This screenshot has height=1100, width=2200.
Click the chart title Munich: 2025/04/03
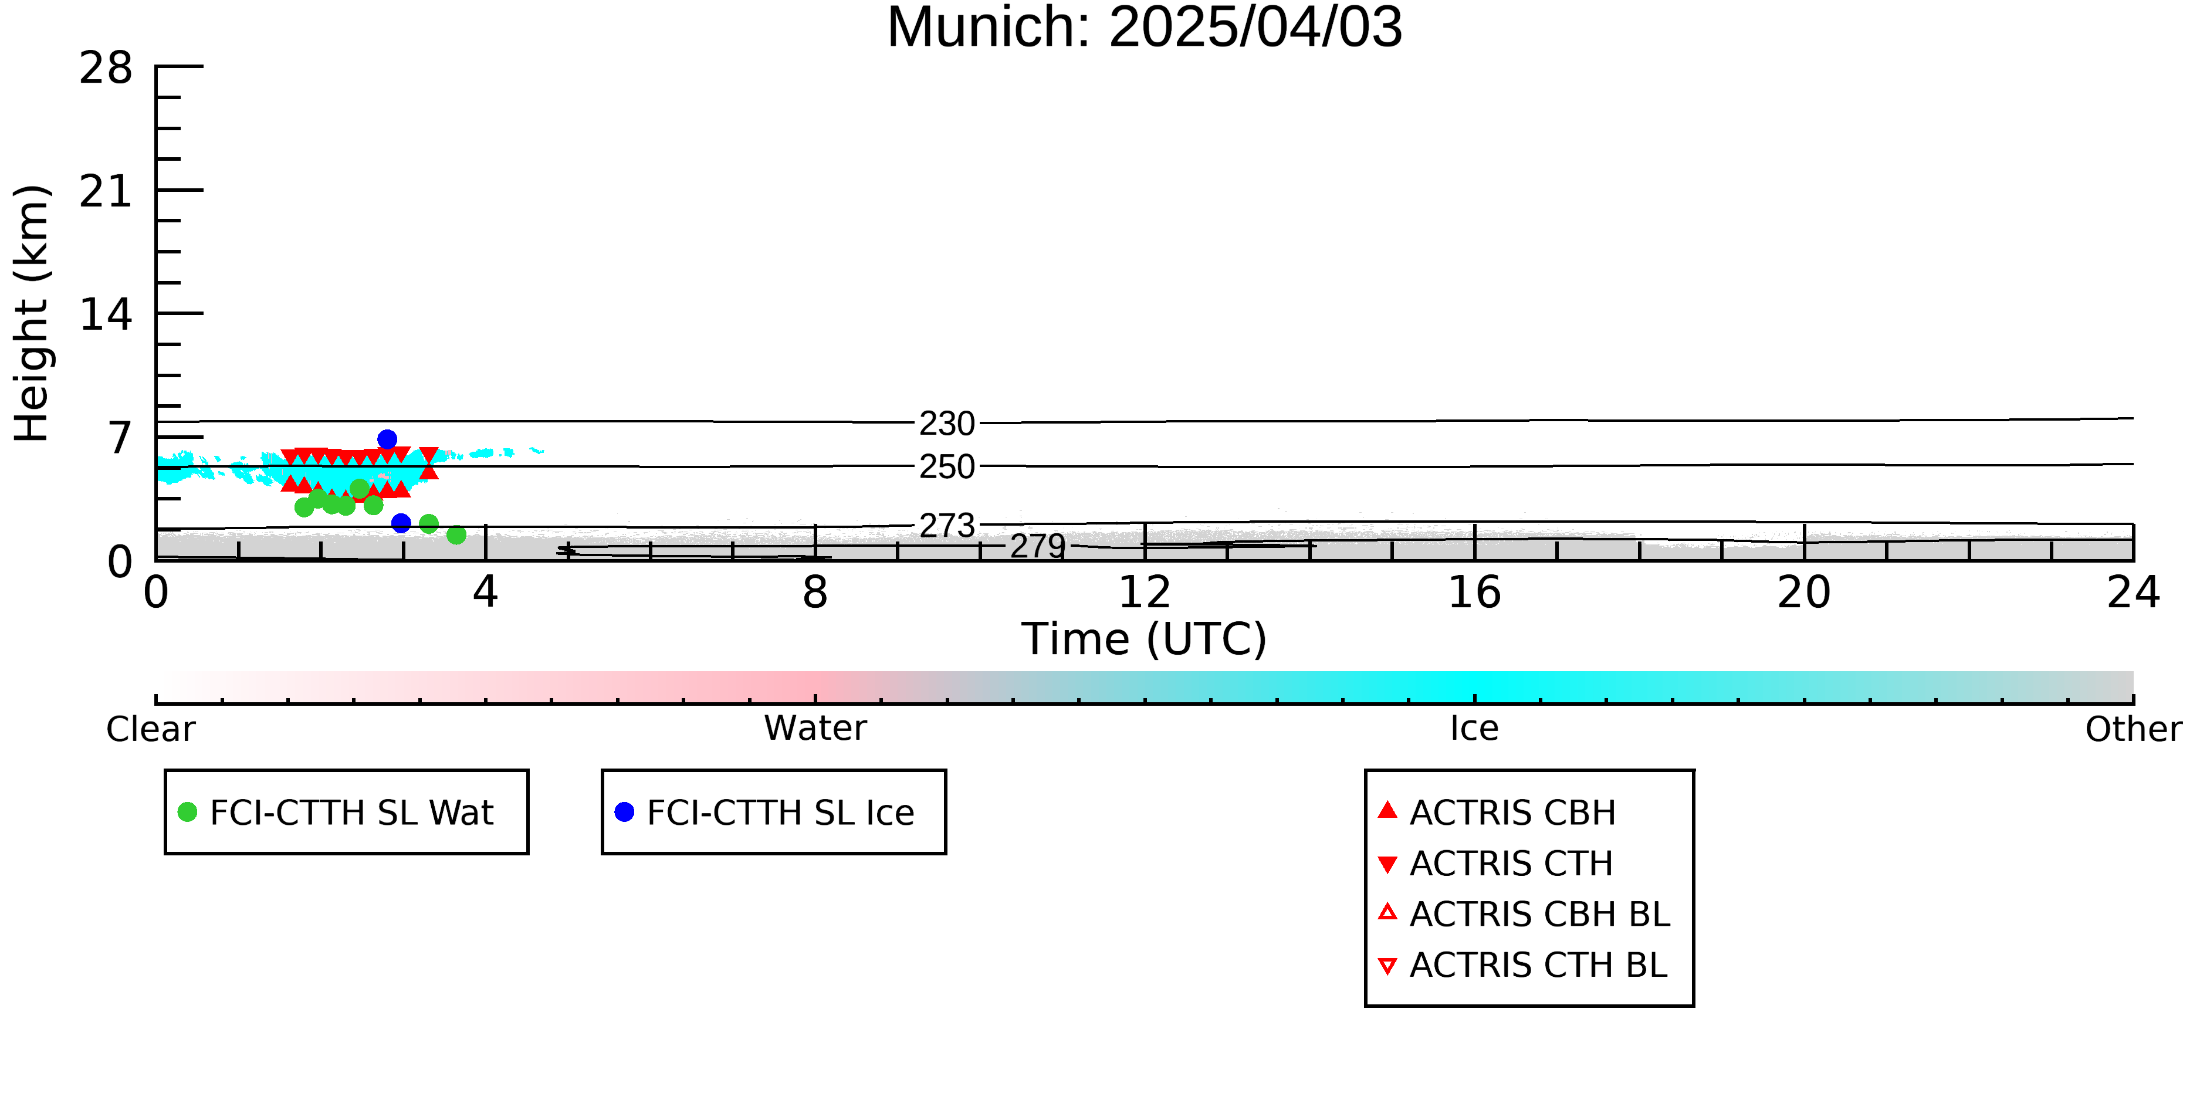point(1145,28)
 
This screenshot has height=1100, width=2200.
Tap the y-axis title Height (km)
point(32,313)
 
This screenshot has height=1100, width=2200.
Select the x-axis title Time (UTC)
point(1145,639)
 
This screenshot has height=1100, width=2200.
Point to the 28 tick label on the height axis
point(106,67)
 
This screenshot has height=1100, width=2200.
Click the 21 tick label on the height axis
point(106,191)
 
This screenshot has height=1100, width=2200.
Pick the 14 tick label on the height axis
point(106,314)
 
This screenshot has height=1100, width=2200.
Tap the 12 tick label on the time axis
point(1145,593)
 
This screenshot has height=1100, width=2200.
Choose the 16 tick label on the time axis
point(1474,593)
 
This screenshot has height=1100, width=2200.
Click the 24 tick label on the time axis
point(2133,593)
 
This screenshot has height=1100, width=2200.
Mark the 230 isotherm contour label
point(947,424)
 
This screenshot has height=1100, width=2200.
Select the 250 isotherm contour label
point(947,467)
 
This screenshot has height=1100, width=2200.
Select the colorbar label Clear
point(150,729)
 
